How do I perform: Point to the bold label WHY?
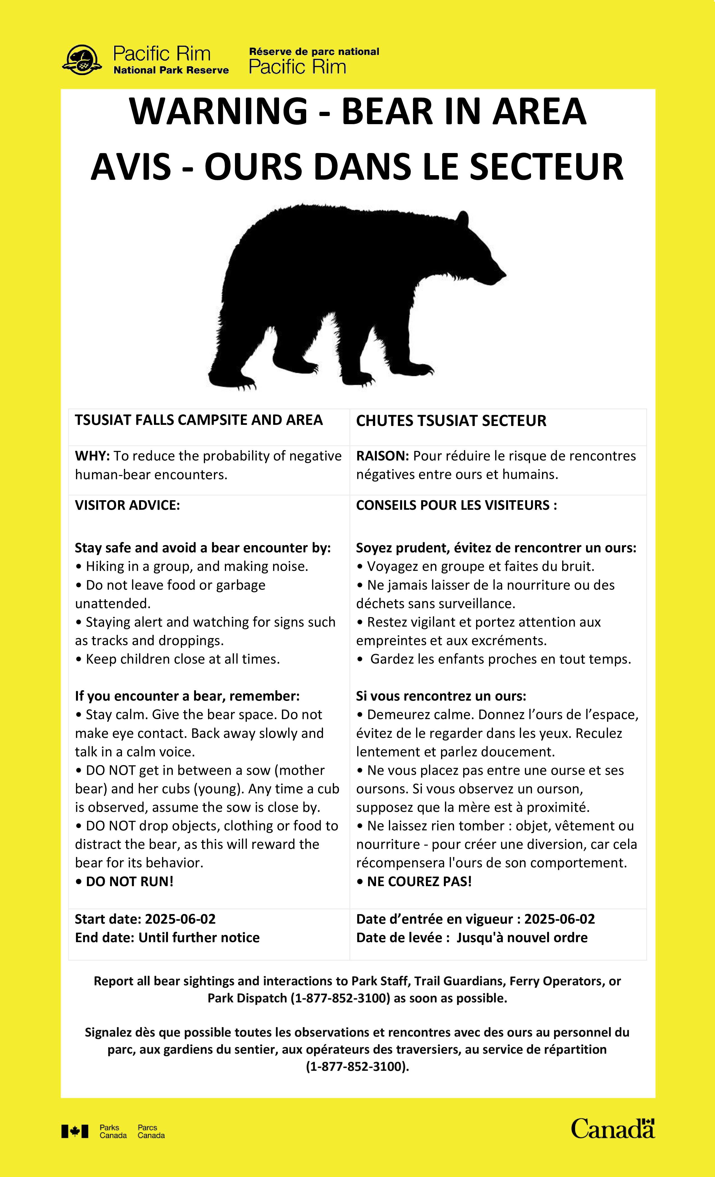(92, 456)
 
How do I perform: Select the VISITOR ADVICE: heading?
(127, 505)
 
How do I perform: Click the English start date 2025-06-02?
(180, 919)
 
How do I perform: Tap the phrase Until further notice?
(199, 938)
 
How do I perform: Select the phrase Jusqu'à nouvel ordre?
(522, 938)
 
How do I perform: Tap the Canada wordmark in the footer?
(613, 1128)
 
